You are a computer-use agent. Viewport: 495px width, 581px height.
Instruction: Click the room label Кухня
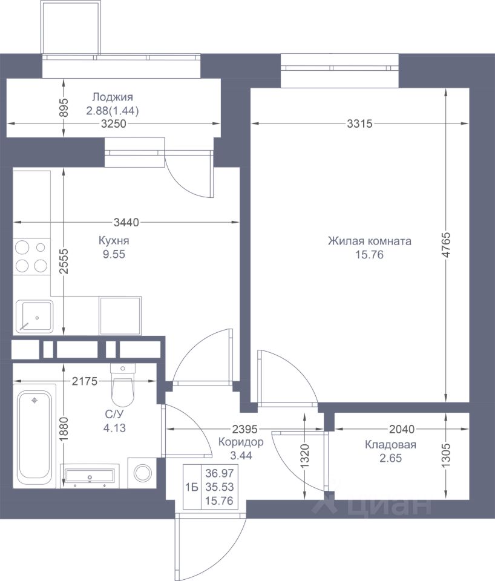[114, 240]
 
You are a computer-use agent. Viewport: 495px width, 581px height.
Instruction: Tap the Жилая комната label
[369, 241]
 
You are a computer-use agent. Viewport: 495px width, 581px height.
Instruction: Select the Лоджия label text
[113, 97]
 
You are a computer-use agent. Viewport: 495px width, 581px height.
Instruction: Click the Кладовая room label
[390, 444]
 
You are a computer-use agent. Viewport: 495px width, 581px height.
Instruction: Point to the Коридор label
[241, 442]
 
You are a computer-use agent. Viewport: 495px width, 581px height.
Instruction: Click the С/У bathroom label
[114, 415]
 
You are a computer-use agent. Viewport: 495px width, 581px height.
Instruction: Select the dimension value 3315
[360, 123]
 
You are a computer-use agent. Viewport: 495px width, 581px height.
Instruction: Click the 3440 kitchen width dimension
[126, 222]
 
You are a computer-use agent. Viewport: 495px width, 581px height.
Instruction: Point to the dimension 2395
[244, 429]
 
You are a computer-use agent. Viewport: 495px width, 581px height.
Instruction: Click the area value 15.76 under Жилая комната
[369, 255]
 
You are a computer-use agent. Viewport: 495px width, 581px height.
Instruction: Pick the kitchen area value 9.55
[114, 254]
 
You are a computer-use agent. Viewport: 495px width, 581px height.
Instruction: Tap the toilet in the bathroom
[123, 384]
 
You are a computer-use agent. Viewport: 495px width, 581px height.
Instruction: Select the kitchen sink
[34, 317]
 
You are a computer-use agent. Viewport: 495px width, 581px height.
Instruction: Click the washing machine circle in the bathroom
[143, 473]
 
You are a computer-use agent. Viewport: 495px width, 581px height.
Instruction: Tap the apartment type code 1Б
[192, 487]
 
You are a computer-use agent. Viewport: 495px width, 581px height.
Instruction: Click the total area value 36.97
[219, 473]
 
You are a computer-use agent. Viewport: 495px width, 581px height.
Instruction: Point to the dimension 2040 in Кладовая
[402, 429]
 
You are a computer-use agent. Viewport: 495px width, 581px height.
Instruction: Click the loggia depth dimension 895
[65, 108]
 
